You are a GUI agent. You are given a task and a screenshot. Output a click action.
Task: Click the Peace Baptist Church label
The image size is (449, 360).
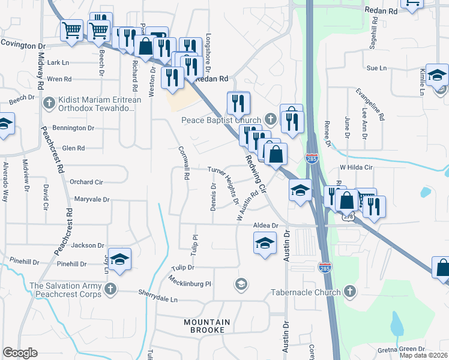tap(221, 120)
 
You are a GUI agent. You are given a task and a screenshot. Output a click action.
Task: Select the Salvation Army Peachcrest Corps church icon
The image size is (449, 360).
tap(109, 290)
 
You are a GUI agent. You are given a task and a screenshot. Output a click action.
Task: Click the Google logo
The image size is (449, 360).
tap(20, 353)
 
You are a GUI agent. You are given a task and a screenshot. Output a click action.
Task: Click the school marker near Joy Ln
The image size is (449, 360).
tap(119, 259)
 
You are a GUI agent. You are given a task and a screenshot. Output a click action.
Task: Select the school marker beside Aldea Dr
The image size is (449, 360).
tap(265, 244)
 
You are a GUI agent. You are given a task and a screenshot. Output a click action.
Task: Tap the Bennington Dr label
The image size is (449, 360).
tap(73, 128)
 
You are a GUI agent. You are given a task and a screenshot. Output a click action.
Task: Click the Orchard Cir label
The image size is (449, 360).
tap(86, 182)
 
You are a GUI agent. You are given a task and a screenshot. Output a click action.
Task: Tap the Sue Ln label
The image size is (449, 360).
tap(376, 68)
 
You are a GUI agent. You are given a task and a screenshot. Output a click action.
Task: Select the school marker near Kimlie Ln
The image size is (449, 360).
tap(437, 74)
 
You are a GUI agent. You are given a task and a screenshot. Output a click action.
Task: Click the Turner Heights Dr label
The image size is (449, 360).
tap(224, 185)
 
